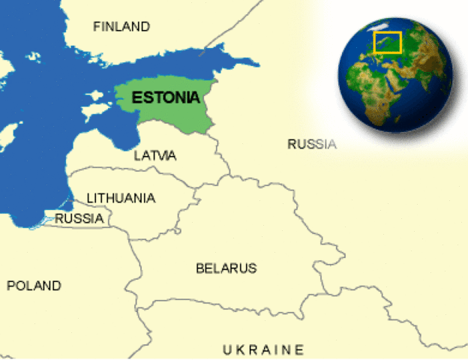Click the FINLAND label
click(x=121, y=27)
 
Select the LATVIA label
click(x=155, y=156)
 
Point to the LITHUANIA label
click(x=121, y=198)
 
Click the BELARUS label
click(x=226, y=268)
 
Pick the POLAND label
click(x=34, y=286)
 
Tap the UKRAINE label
click(x=263, y=349)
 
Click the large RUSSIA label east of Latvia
click(x=312, y=144)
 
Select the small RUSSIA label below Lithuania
click(x=79, y=219)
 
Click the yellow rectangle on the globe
click(x=388, y=42)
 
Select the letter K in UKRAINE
click(x=242, y=349)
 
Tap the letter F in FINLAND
click(x=97, y=27)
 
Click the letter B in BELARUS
click(x=200, y=268)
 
